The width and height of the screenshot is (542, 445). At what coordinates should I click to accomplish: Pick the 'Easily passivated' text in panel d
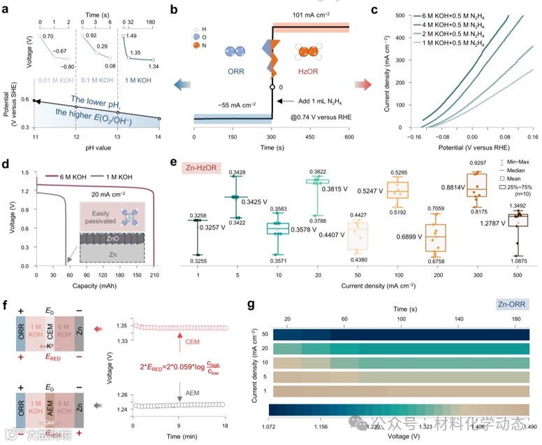(x=115, y=211)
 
